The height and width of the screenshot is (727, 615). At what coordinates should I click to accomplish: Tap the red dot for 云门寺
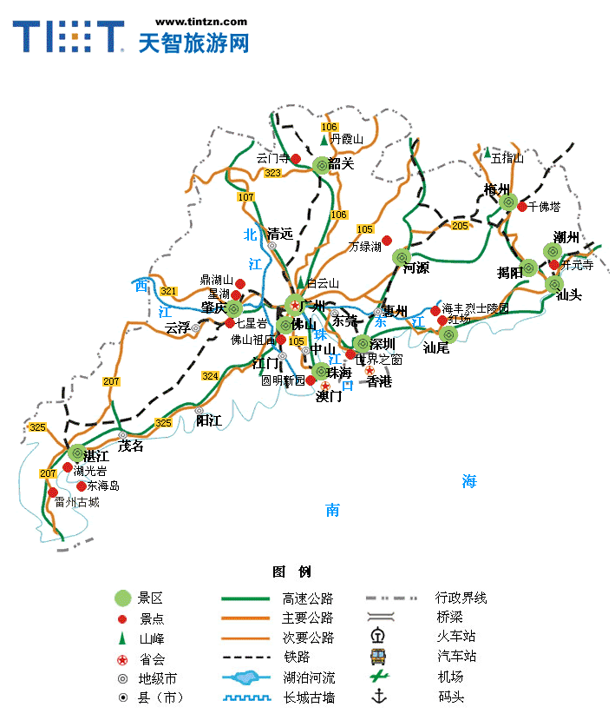(x=296, y=159)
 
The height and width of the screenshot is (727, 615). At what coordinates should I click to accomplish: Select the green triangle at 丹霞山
(x=324, y=139)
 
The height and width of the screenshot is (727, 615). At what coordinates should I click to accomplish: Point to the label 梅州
(x=497, y=190)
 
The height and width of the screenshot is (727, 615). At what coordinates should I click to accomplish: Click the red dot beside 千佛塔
(x=522, y=206)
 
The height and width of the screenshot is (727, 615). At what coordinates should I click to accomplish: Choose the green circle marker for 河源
(x=401, y=257)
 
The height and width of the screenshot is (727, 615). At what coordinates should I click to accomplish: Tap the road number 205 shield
(x=460, y=226)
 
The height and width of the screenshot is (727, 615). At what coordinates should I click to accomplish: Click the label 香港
(x=379, y=381)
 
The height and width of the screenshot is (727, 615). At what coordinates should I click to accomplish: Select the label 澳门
(x=329, y=397)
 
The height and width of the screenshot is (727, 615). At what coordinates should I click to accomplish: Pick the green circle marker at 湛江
(x=77, y=453)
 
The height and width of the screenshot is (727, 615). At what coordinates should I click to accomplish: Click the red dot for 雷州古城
(x=53, y=492)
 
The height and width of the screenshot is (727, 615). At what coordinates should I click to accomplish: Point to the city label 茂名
(x=130, y=446)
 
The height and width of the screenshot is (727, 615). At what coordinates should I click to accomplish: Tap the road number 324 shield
(x=210, y=376)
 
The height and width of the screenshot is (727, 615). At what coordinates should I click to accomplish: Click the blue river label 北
(x=251, y=235)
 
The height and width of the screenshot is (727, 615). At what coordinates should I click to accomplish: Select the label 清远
(x=280, y=233)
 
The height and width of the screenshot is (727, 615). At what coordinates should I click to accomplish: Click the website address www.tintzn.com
(x=200, y=22)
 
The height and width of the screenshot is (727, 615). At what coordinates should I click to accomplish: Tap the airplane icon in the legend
(x=377, y=677)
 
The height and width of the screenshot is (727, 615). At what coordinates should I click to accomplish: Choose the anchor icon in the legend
(x=377, y=697)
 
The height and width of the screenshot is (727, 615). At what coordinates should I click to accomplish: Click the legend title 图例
(x=291, y=572)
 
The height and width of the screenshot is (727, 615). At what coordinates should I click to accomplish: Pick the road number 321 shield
(x=168, y=291)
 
